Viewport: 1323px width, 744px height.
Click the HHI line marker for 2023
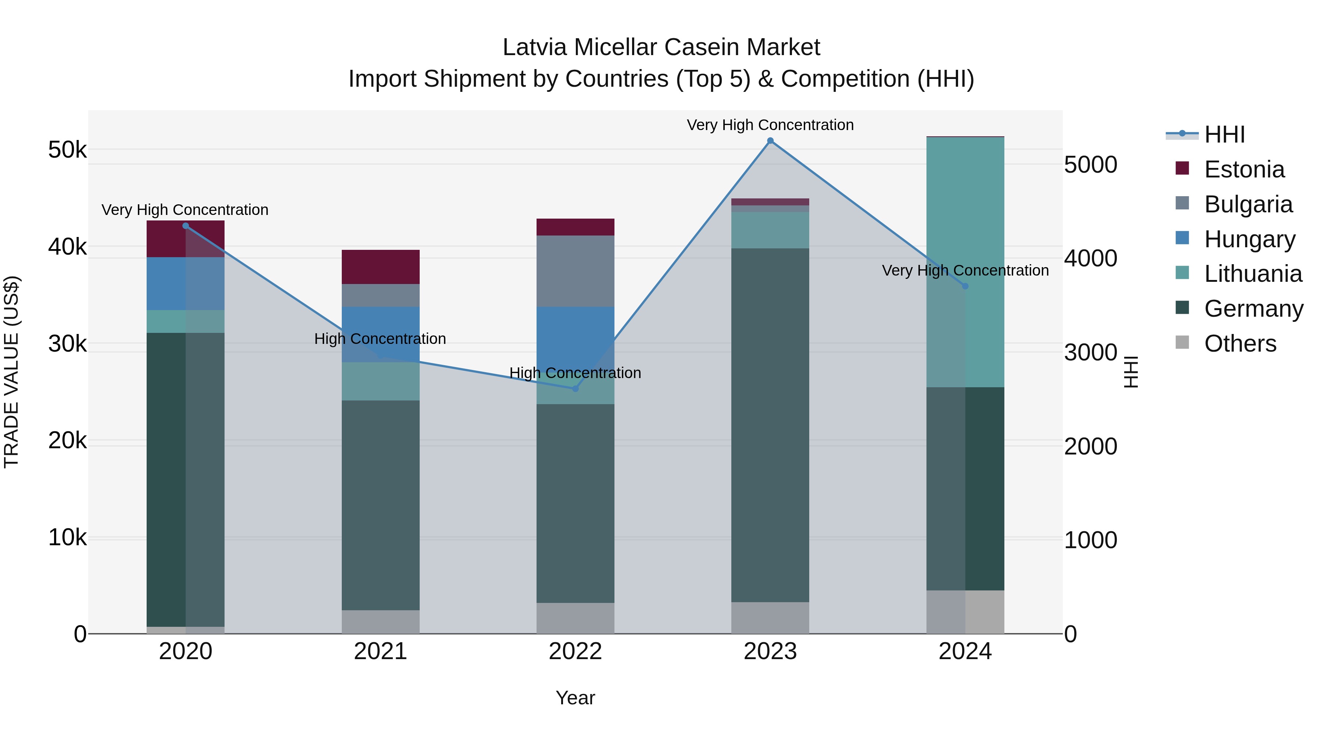pos(770,141)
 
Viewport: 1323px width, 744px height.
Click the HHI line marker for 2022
pos(575,389)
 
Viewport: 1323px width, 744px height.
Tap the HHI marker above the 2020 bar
pos(186,226)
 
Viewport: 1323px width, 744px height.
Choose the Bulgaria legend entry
pos(1248,204)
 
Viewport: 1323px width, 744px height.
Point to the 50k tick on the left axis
pos(67,150)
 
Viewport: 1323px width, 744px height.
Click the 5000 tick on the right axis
pos(1090,165)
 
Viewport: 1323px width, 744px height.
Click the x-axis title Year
pos(575,698)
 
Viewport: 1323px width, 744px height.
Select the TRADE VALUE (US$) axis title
pos(11,372)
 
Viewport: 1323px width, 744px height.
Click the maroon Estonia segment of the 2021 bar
pos(381,267)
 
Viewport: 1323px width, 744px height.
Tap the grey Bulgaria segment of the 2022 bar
pos(575,271)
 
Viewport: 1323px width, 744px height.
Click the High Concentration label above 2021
pos(380,339)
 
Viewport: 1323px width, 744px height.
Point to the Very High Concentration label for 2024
pos(965,270)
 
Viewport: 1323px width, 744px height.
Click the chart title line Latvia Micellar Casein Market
pos(661,47)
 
